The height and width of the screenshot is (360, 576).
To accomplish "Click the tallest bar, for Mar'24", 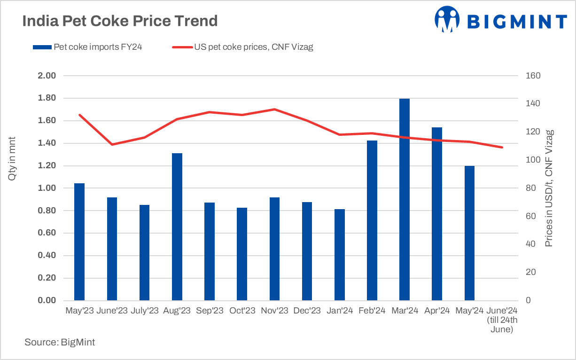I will point(404,200).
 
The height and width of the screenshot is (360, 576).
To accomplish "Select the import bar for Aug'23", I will point(177,227).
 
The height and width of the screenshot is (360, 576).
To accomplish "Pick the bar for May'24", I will point(469,233).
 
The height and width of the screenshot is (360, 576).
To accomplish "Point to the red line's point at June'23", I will point(112,144).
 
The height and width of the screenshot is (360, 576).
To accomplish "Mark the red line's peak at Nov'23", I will point(274,110).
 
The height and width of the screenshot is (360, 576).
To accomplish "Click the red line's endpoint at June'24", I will point(502,148).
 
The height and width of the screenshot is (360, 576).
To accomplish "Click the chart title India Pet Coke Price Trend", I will point(120,21).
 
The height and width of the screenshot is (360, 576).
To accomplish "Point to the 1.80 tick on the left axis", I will point(47,98).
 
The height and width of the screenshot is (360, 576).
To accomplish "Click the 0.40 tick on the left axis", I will point(47,256).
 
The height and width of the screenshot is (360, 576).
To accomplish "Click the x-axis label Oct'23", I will point(242,311).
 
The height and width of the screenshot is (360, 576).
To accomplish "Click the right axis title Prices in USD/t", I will point(549,188).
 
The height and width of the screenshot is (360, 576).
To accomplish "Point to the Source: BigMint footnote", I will point(60,343).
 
